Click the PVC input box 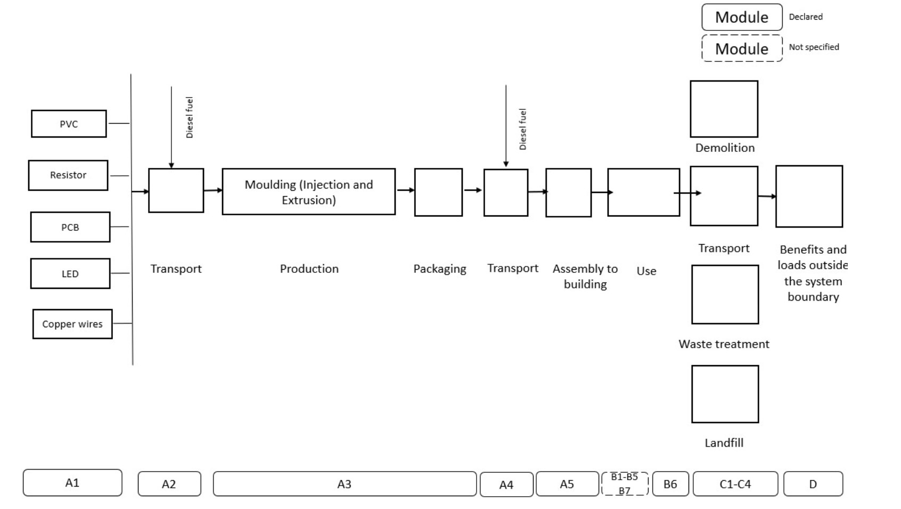(69, 124)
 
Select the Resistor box (68, 175)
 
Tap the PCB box (70, 227)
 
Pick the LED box (70, 273)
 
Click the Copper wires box (72, 324)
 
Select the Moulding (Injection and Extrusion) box (309, 192)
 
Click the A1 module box (72, 483)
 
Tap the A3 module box (345, 484)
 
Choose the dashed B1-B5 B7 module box (625, 484)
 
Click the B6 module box (670, 484)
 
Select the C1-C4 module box (735, 484)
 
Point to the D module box (813, 484)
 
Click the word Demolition (725, 148)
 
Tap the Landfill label (724, 443)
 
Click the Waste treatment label (724, 344)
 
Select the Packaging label (440, 269)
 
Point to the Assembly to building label (585, 276)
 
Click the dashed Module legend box (742, 49)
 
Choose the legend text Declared (806, 17)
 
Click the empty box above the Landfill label (725, 394)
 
